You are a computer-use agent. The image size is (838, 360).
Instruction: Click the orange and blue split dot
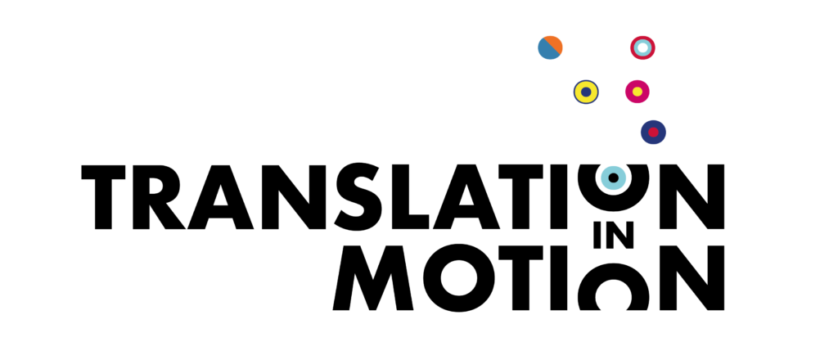(550, 47)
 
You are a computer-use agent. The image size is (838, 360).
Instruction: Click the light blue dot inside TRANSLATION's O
(614, 178)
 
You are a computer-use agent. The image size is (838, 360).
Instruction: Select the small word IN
(614, 236)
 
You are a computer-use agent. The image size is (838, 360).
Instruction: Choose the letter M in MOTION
(372, 277)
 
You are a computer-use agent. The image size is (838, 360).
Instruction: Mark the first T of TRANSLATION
(103, 197)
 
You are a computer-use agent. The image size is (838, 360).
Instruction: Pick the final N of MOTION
(692, 277)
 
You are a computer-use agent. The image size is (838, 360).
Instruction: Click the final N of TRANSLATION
(692, 197)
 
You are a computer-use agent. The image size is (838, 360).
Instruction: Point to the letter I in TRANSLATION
(558, 197)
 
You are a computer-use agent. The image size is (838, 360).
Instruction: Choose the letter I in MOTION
(558, 277)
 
